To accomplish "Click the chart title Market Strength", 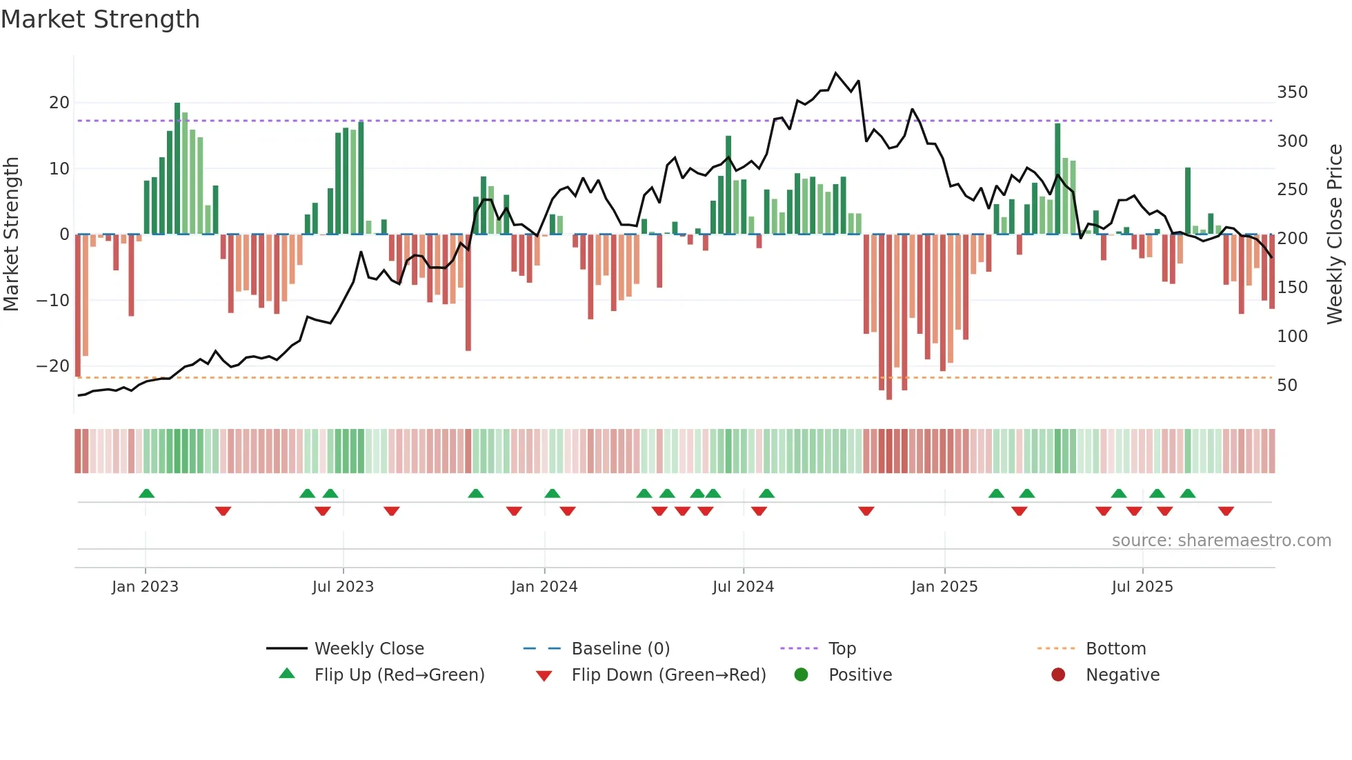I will pos(100,19).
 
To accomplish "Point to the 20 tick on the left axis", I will pos(59,103).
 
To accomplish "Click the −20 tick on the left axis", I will pos(53,366).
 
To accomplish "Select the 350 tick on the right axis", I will pos(1292,92).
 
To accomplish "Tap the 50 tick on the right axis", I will pos(1287,386).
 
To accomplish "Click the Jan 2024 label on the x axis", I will pos(544,587).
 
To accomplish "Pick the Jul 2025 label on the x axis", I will pos(1142,587).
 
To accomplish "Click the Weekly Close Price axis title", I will pos(1335,234).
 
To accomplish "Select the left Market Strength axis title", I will pos(11,234).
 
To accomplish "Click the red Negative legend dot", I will pos(1057,674).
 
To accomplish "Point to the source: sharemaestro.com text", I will pos(1221,541).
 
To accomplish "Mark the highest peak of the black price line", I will pos(835,73).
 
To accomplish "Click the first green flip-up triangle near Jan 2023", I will pos(146,493).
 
